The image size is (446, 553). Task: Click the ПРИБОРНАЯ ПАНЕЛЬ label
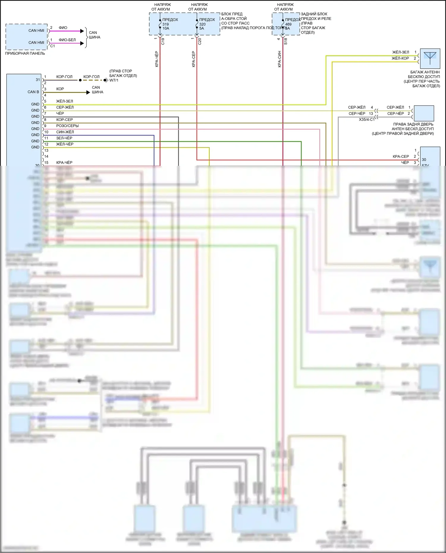pyautogui.click(x=25, y=53)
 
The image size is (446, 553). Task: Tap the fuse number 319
pyautogui.click(x=166, y=24)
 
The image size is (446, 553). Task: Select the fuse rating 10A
pyautogui.click(x=166, y=29)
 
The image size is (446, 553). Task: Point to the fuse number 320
pyautogui.click(x=202, y=24)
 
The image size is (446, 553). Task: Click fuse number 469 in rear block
pyautogui.click(x=288, y=24)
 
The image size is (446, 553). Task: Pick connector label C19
pyautogui.click(x=163, y=42)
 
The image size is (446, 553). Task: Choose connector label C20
pyautogui.click(x=200, y=42)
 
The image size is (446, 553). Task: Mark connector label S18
pyautogui.click(x=286, y=41)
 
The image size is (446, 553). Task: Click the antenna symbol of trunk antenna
pyautogui.click(x=430, y=58)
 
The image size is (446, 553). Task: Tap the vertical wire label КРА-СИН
pyautogui.click(x=279, y=59)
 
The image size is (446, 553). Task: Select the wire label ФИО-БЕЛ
pyautogui.click(x=67, y=40)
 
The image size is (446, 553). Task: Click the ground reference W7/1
pyautogui.click(x=114, y=81)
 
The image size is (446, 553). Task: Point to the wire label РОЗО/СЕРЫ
pyautogui.click(x=67, y=126)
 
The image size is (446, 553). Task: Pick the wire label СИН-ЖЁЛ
pyautogui.click(x=65, y=132)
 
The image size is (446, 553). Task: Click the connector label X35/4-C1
pyautogui.click(x=367, y=120)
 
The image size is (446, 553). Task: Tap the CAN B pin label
pyautogui.click(x=33, y=92)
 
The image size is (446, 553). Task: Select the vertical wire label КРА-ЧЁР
pyautogui.click(x=157, y=59)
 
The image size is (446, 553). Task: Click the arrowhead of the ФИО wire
pyautogui.click(x=82, y=31)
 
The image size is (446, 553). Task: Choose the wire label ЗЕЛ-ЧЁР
pyautogui.click(x=64, y=138)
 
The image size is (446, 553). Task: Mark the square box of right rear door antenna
pyautogui.click(x=424, y=113)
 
